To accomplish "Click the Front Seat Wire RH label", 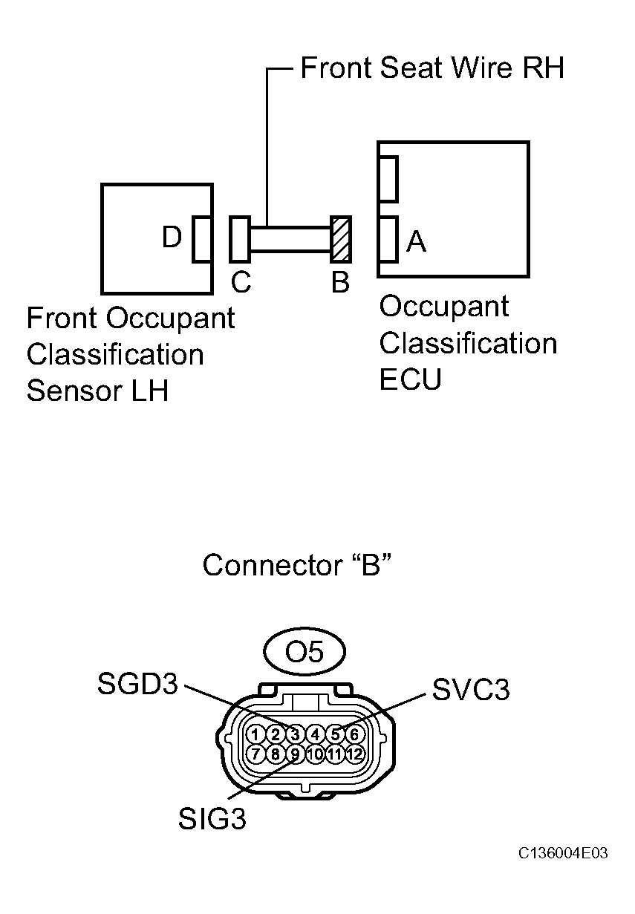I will click(x=432, y=68).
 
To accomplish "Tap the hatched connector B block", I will click(x=340, y=239).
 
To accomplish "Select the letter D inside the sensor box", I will click(x=172, y=238).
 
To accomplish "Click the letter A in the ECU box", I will click(x=417, y=241).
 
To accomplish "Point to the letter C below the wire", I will click(x=241, y=283).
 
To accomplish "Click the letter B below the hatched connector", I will click(x=340, y=283).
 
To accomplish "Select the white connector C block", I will click(x=240, y=239).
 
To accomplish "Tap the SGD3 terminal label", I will click(x=138, y=685).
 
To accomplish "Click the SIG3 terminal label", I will click(x=212, y=820).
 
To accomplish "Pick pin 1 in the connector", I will click(x=255, y=734).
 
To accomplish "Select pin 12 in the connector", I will click(x=355, y=754).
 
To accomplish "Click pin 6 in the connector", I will click(x=355, y=734).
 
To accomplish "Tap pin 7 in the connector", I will click(x=255, y=754).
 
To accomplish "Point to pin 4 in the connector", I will click(x=315, y=734).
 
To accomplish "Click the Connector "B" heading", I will click(x=296, y=566).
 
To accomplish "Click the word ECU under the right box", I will click(x=410, y=379).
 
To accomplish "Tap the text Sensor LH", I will click(x=97, y=391).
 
